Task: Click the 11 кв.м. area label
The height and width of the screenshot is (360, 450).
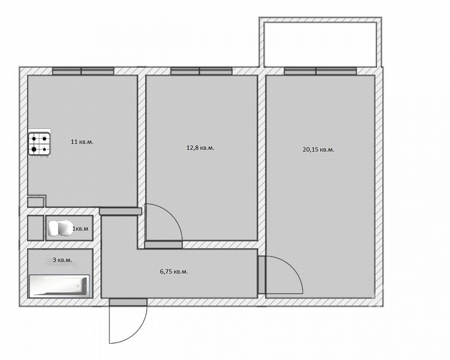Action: (x=82, y=142)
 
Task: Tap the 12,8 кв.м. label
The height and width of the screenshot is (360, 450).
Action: (x=200, y=148)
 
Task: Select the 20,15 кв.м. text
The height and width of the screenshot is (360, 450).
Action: (x=318, y=149)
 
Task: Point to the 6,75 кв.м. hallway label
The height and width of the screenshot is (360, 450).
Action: (x=174, y=272)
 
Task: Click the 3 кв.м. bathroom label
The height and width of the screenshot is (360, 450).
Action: (x=62, y=260)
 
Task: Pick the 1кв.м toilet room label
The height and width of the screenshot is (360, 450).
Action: (x=80, y=229)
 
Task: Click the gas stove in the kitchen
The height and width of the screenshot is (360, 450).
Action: (x=40, y=145)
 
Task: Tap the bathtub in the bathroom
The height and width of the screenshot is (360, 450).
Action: (x=59, y=286)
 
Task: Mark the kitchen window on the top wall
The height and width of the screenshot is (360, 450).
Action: (x=83, y=71)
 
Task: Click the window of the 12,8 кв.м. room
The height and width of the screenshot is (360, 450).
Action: (x=202, y=71)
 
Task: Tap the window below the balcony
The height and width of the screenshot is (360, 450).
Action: (x=320, y=71)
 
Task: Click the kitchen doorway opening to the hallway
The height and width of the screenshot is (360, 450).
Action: (x=121, y=211)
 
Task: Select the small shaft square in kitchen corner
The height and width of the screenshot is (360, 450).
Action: (x=36, y=202)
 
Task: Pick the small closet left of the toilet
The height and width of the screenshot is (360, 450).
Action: (x=35, y=228)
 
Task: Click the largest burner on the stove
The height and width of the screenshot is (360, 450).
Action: (x=34, y=149)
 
